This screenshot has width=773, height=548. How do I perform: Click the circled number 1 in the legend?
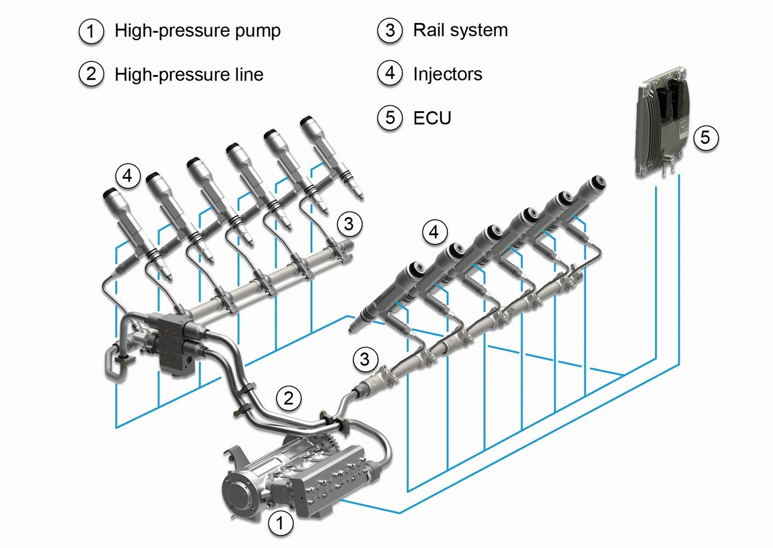click(91, 31)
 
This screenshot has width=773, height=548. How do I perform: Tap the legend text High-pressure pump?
click(198, 31)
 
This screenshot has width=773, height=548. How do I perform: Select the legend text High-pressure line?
click(189, 74)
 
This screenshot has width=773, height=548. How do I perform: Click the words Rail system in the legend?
click(460, 30)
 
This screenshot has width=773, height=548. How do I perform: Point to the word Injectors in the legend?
click(448, 73)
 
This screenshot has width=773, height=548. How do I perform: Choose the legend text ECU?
click(432, 117)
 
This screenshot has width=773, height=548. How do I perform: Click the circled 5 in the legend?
click(390, 117)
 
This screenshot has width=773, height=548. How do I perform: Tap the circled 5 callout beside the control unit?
click(706, 136)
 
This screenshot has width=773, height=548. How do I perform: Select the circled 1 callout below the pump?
click(280, 523)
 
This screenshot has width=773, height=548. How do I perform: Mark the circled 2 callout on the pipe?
click(289, 397)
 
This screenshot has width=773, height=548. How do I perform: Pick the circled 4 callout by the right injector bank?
click(434, 232)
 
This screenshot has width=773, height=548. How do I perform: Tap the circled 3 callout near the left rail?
click(349, 224)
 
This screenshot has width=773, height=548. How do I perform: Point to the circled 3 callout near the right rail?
click(365, 359)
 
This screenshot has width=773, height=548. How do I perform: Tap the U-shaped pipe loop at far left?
click(114, 363)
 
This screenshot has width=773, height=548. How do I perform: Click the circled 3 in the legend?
click(390, 30)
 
